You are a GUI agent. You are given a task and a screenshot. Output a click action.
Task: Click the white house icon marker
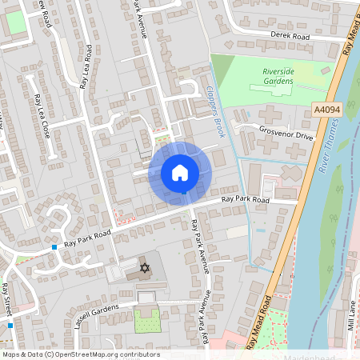point(180,172)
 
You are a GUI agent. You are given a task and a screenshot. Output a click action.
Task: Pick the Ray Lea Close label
point(42,116)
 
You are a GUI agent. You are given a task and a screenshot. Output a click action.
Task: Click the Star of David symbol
point(145,267)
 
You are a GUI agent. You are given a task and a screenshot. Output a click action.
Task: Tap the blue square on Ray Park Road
point(54,247)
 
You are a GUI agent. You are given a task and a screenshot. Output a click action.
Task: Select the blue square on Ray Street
point(10,325)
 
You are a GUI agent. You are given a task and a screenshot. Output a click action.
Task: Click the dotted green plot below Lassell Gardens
point(147,320)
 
